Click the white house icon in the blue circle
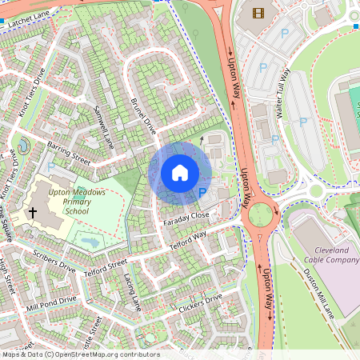[x=180, y=172]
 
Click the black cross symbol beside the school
[x=33, y=212]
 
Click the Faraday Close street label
[x=188, y=216]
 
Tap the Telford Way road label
[x=188, y=241]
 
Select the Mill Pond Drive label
[x=51, y=304]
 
